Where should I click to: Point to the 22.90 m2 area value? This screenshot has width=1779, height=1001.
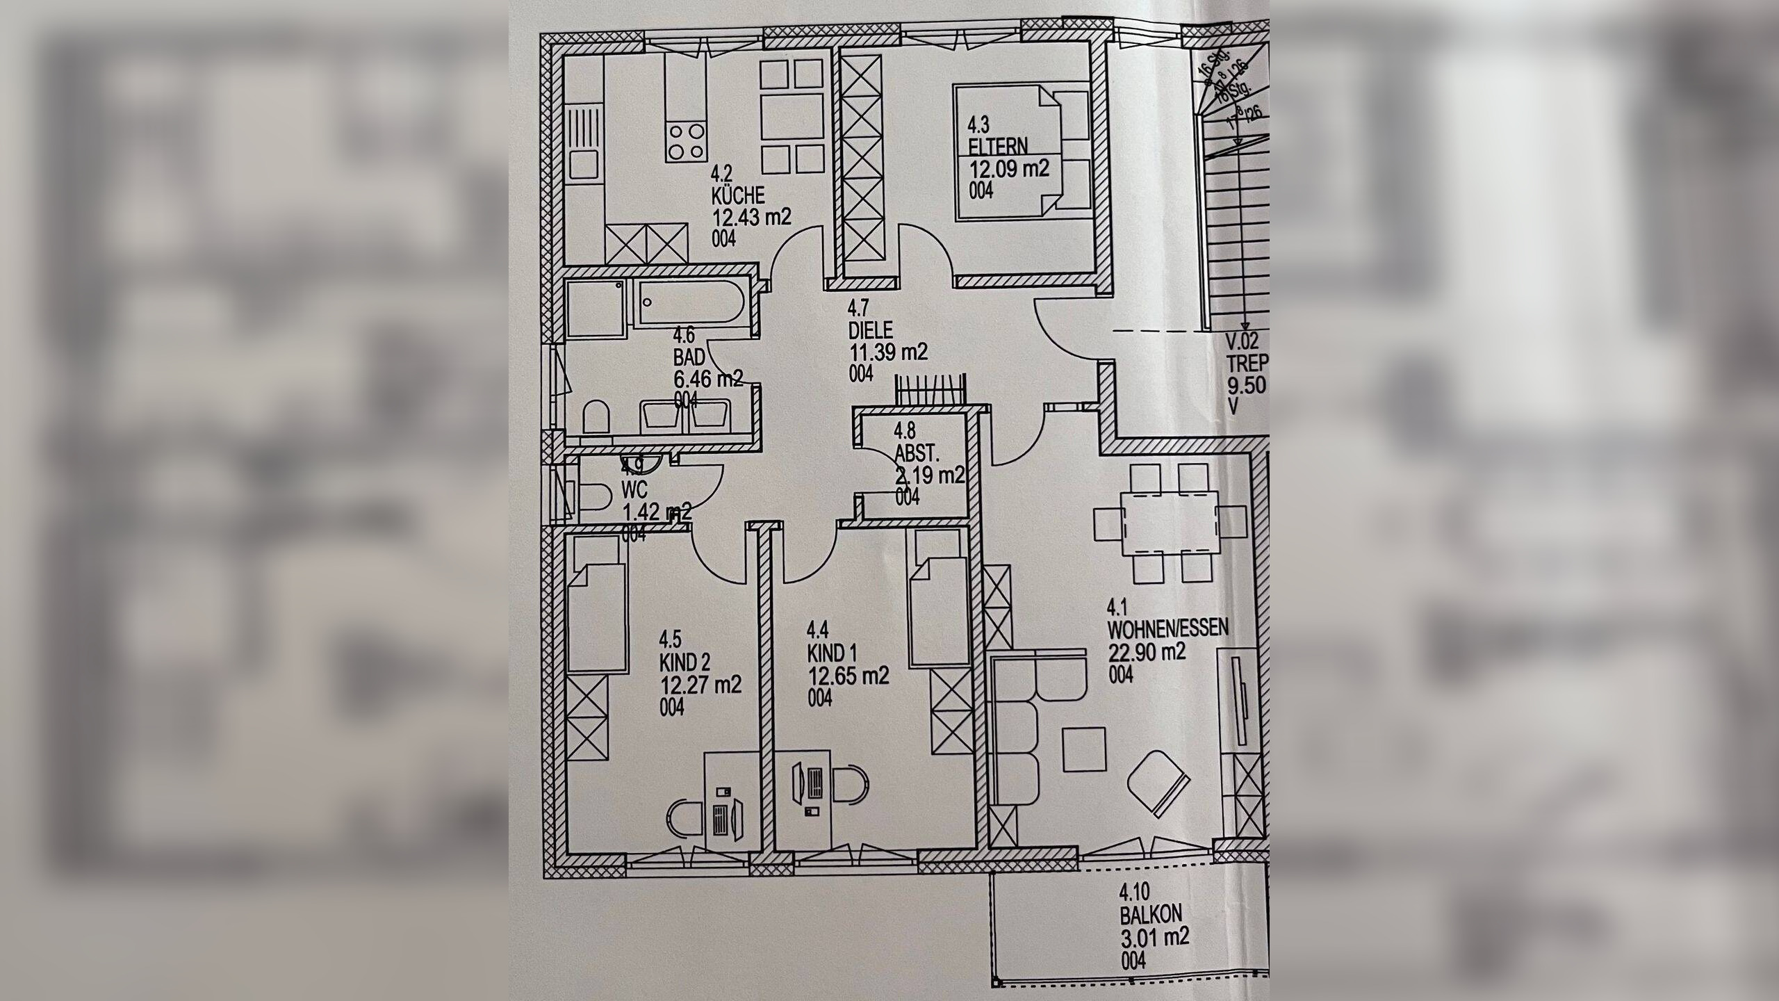[1147, 652]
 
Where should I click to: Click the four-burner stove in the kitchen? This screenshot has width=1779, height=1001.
[200, 141]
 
